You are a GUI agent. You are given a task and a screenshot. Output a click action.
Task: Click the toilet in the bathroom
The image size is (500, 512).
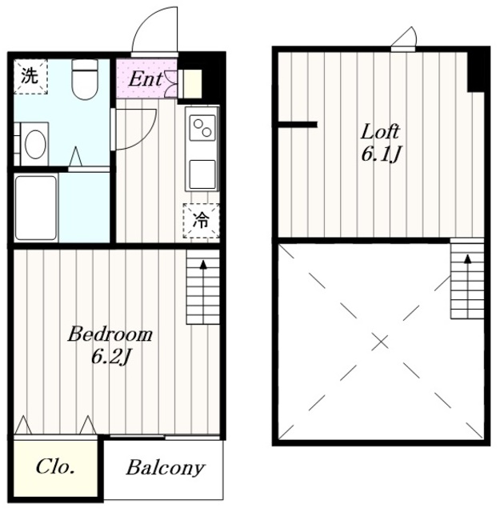[x=85, y=79]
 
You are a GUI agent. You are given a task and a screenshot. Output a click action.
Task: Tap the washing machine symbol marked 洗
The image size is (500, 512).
[x=30, y=77]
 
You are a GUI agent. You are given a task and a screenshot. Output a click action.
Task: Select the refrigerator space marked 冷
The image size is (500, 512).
[x=201, y=221]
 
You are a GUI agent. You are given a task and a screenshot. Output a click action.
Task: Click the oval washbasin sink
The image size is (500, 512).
[x=35, y=144]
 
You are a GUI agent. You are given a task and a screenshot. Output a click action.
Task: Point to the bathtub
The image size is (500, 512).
[x=36, y=208]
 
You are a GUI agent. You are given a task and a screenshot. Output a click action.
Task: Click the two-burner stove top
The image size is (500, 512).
[x=202, y=128]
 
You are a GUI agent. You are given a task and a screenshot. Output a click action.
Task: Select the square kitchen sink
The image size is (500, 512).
[x=202, y=174]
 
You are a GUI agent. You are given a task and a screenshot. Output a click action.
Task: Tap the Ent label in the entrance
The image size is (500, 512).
[x=146, y=79]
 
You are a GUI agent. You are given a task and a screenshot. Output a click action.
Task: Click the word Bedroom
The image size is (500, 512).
[x=110, y=334]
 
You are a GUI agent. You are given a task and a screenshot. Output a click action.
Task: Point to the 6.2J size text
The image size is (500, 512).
[x=111, y=357]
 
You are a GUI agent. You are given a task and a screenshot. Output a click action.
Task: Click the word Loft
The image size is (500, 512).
[x=380, y=131]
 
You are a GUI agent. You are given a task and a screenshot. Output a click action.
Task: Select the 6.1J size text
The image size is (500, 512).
[x=381, y=154]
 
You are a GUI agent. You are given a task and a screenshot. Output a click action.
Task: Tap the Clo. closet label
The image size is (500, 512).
[x=55, y=466]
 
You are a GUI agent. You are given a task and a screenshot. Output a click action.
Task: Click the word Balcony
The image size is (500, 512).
[x=166, y=468]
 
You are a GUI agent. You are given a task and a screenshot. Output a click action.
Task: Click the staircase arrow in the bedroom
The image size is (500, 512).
[x=203, y=291]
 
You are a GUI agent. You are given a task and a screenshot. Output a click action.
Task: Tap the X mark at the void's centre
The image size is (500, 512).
[x=381, y=342]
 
